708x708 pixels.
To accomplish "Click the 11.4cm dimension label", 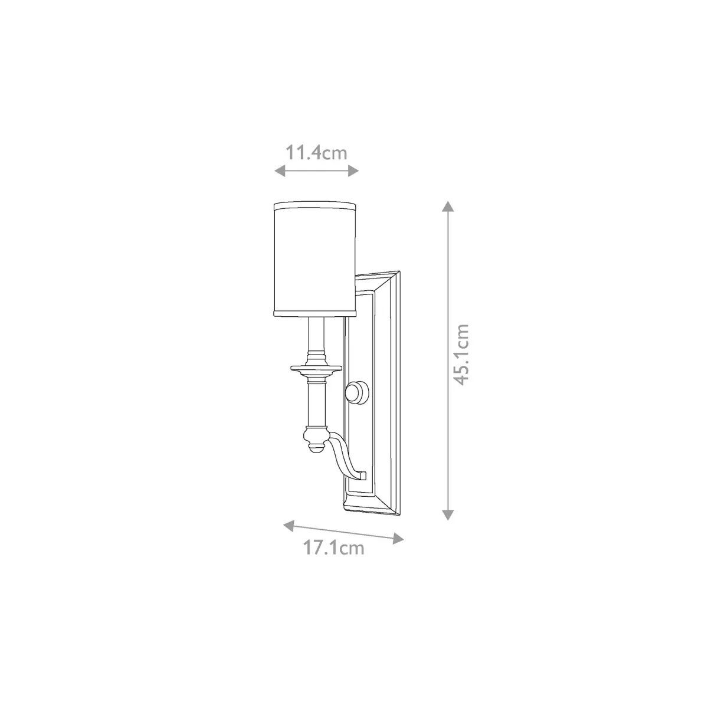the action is coord(316,153).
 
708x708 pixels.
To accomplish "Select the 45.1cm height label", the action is coord(461,355).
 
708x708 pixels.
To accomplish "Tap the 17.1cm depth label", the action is coord(333,558).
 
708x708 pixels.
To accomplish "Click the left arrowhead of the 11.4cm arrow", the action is coord(280,170).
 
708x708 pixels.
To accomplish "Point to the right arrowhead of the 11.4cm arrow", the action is coord(353,170).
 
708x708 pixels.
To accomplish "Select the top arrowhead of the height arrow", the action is coord(447,206).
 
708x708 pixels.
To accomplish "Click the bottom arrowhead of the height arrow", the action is coord(447,514).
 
